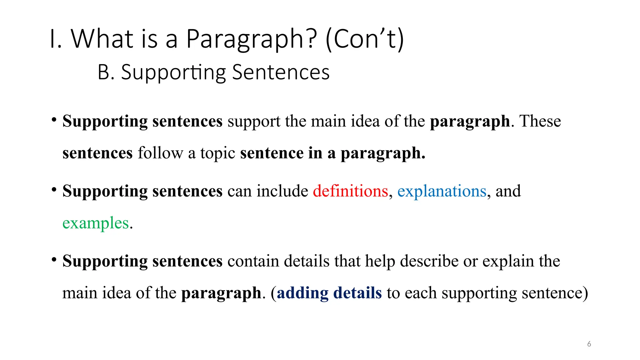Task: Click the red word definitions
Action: click(350, 191)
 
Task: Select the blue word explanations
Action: click(442, 192)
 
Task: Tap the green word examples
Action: click(96, 223)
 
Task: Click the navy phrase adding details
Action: click(329, 293)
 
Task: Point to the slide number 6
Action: click(589, 344)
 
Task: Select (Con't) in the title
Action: click(365, 39)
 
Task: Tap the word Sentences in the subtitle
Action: click(281, 72)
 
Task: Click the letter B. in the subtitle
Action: click(106, 72)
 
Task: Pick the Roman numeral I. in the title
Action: click(56, 39)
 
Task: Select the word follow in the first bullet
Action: click(160, 153)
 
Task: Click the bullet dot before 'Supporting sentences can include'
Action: click(54, 189)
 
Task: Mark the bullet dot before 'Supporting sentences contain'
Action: click(54, 259)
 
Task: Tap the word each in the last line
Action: click(423, 293)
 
